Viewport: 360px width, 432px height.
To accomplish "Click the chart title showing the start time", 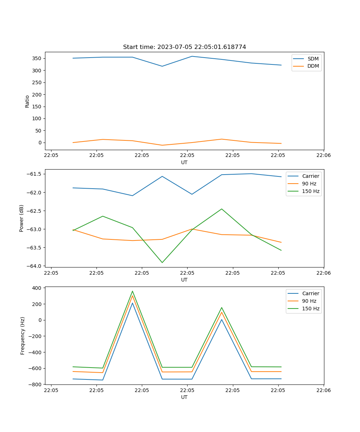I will coord(184,47).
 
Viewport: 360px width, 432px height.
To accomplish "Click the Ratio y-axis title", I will coord(27,101).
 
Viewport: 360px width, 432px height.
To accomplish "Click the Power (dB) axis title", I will coord(22,218).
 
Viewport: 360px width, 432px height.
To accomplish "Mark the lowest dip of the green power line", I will coord(162,262).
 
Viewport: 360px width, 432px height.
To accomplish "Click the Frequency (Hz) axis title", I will coord(23,336).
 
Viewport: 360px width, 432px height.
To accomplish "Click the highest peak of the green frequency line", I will coord(132,291).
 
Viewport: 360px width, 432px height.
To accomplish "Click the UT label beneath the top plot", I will coord(184,162).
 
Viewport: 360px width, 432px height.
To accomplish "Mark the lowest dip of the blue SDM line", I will coord(162,66).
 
